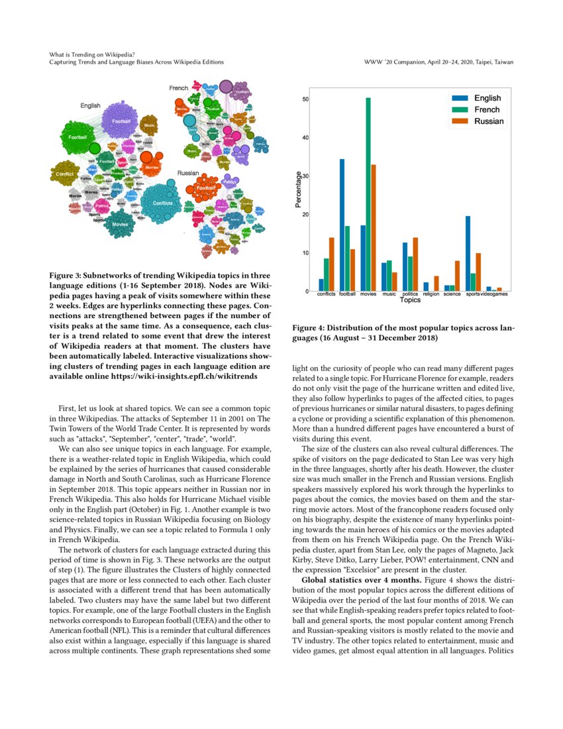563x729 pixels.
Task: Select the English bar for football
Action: [x=342, y=225]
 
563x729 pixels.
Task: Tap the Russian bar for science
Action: [x=457, y=276]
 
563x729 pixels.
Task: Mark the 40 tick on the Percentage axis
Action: [x=305, y=138]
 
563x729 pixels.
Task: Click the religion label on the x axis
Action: [x=431, y=294]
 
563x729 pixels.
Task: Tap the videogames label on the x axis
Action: [x=494, y=294]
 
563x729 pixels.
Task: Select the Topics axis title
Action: [x=410, y=300]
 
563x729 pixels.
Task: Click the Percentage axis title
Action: [x=299, y=191]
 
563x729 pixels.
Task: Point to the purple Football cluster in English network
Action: [x=121, y=121]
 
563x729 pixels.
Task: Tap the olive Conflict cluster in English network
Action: [x=64, y=174]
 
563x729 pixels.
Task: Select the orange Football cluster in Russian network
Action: [x=204, y=188]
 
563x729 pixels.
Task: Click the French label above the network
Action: [x=178, y=87]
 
